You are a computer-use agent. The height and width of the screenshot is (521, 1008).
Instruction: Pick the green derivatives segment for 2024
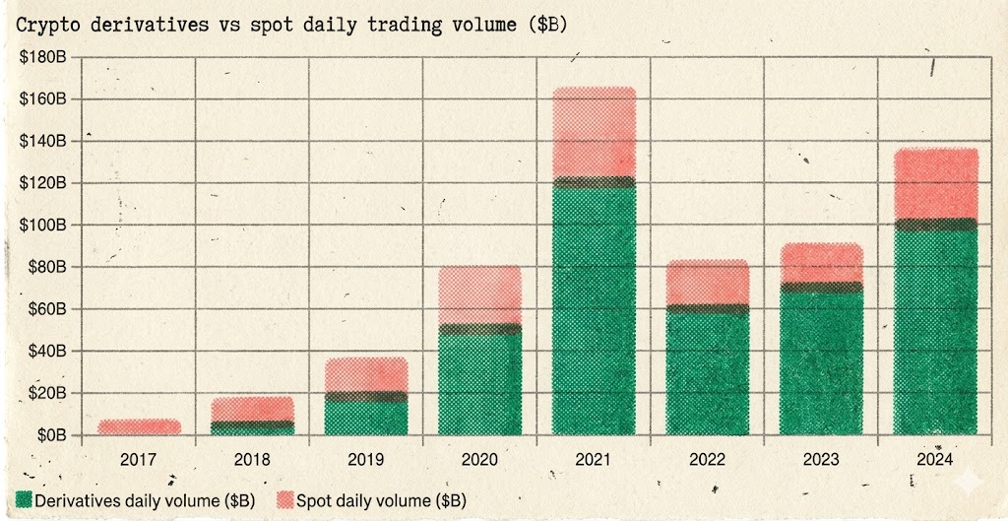click(x=935, y=330)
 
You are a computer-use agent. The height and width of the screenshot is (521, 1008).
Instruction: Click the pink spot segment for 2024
click(x=935, y=184)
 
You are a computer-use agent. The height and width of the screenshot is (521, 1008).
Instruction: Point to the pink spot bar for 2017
click(x=139, y=426)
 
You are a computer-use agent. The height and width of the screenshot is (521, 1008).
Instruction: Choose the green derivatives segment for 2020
click(x=480, y=384)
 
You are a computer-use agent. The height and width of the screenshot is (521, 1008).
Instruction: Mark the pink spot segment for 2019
click(x=366, y=374)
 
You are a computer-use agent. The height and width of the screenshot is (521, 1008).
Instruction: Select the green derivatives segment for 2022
click(x=708, y=372)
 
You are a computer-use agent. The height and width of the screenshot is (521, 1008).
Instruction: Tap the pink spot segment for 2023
click(x=822, y=263)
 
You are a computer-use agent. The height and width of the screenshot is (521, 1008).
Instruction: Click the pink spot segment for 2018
click(x=253, y=409)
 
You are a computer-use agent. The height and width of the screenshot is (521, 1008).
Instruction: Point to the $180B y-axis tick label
click(x=41, y=57)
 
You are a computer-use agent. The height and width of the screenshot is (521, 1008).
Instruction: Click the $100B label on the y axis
click(x=41, y=226)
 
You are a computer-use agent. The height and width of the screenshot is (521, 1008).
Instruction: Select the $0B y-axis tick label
click(x=48, y=435)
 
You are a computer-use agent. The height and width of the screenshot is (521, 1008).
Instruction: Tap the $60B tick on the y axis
click(x=44, y=309)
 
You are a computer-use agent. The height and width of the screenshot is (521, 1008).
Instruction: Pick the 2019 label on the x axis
click(x=366, y=458)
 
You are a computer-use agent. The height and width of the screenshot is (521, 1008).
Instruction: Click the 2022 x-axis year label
click(x=708, y=458)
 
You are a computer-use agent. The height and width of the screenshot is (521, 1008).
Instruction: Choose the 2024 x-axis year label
click(x=935, y=458)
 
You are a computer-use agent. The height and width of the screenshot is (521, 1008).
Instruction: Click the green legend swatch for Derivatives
click(x=24, y=500)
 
